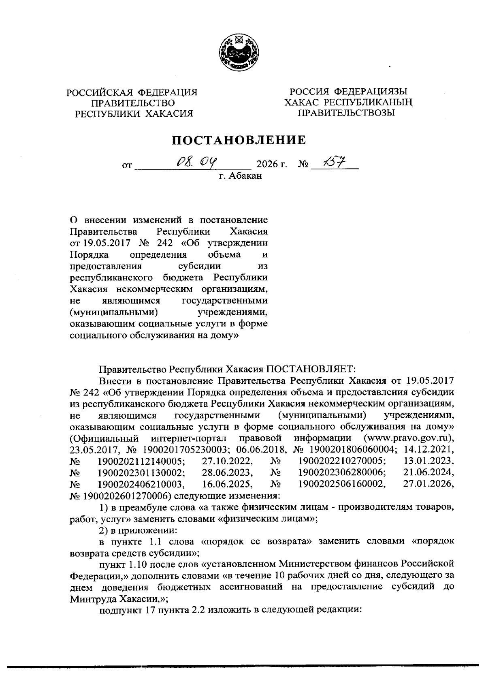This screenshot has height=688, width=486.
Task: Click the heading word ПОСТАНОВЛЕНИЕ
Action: pyautogui.click(x=239, y=140)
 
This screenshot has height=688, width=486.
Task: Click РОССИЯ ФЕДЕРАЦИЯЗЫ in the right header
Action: pyautogui.click(x=346, y=92)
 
